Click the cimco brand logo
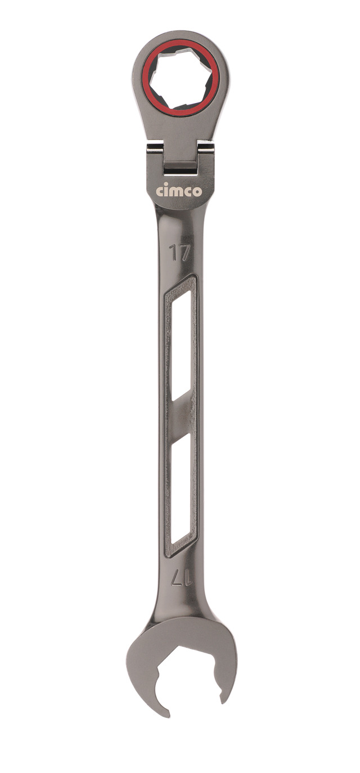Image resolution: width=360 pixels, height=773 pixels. [x=179, y=191]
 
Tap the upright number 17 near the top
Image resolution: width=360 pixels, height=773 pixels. [x=179, y=253]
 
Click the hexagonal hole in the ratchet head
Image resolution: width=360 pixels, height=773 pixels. [x=181, y=80]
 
